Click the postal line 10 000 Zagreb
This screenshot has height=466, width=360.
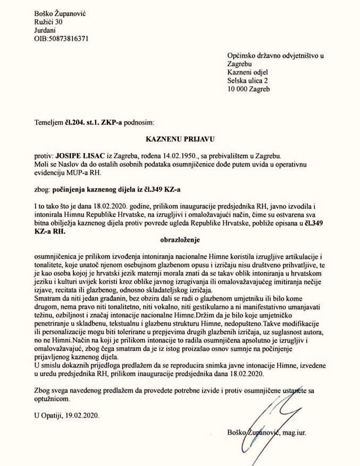[x=248, y=89]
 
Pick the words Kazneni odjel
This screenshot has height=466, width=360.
[x=248, y=72]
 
